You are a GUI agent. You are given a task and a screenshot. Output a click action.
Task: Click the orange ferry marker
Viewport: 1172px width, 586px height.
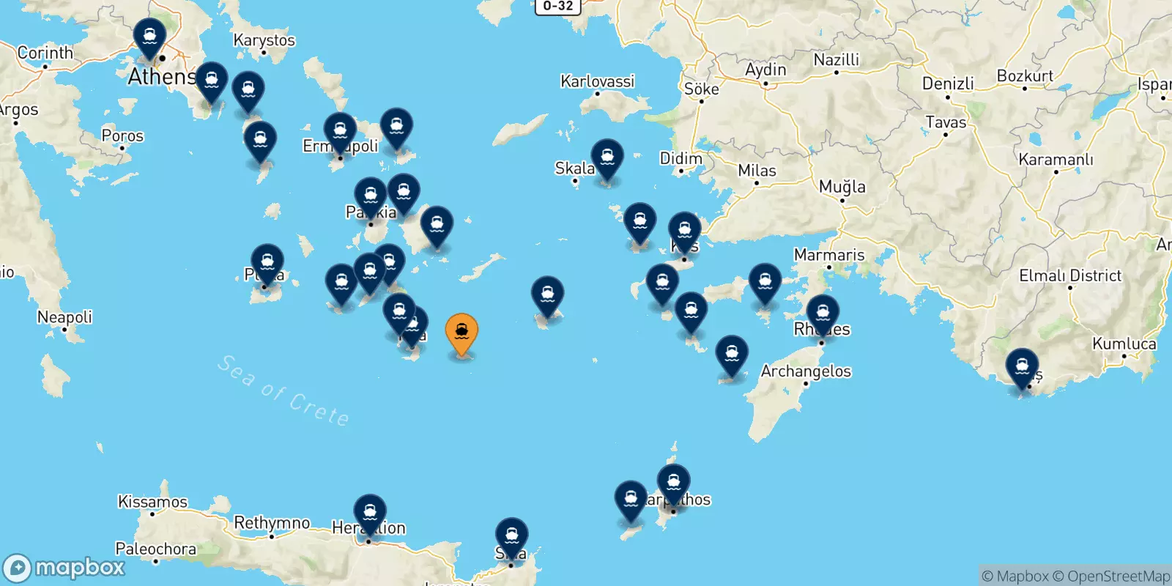point(461,333)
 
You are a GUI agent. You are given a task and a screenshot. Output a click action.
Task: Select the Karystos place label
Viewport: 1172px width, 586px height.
point(264,40)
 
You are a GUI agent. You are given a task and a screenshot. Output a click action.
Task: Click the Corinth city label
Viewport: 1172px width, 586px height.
point(45,53)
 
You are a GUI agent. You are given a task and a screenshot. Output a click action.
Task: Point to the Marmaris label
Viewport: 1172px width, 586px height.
point(829,255)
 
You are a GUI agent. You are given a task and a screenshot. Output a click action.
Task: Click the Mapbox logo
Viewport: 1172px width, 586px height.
point(64,568)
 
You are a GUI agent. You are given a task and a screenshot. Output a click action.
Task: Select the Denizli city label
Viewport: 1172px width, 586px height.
point(948,84)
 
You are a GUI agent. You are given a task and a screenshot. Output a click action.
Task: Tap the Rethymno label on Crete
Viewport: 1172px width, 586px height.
point(272,523)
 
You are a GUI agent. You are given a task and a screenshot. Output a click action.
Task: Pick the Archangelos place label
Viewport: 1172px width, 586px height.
point(806,371)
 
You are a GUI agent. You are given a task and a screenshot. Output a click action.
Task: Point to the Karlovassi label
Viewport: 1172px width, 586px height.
point(597,81)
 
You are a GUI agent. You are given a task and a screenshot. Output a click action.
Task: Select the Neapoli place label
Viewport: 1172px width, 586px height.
point(64,317)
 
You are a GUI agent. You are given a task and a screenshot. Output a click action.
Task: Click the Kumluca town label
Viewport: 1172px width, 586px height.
point(1124,344)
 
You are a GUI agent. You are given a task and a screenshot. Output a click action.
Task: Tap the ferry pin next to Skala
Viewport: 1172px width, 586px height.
point(607,159)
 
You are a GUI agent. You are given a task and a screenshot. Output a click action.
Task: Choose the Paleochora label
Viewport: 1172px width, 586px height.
point(155,549)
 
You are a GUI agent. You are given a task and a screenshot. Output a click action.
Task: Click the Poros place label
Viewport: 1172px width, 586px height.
point(122,136)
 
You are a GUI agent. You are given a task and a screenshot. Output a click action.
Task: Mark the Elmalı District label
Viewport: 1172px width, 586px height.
point(1069,276)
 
